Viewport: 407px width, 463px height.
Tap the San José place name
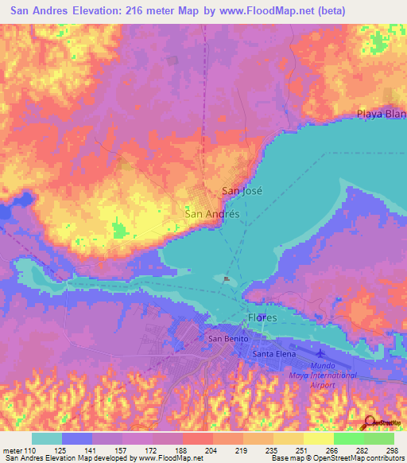pyautogui.click(x=241, y=191)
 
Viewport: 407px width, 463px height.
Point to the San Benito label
pyautogui.click(x=223, y=339)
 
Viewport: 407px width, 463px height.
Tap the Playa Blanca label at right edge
pyautogui.click(x=382, y=114)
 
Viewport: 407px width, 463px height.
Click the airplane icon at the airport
pyautogui.click(x=320, y=352)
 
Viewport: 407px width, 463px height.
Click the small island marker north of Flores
pyautogui.click(x=227, y=279)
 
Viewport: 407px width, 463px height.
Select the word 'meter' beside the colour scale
pyautogui.click(x=13, y=450)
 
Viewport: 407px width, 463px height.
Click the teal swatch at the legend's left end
pyautogui.click(x=47, y=438)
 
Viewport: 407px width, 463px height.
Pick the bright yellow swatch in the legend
pyautogui.click(x=318, y=438)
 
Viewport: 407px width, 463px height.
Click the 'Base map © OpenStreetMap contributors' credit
pyautogui.click(x=338, y=458)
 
